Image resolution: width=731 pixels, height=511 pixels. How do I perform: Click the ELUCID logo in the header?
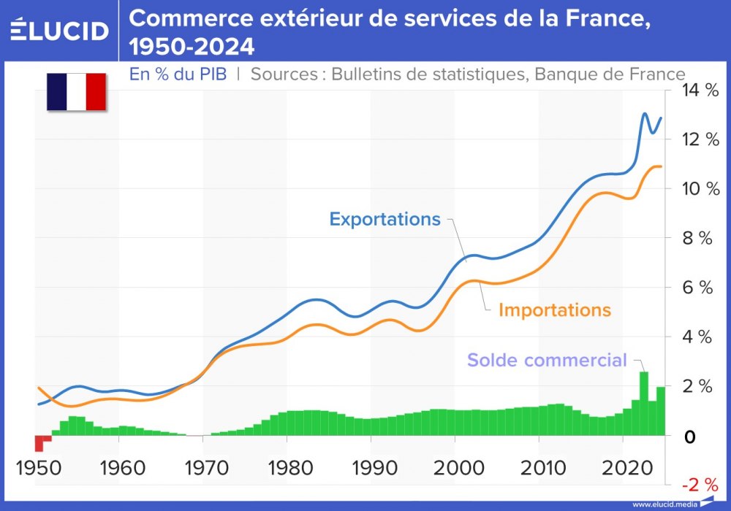tap(60, 31)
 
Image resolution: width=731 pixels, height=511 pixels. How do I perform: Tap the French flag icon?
tap(77, 92)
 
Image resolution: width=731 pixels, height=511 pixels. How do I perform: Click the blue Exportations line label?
tap(385, 219)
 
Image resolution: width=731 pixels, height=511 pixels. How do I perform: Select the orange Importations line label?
tap(554, 310)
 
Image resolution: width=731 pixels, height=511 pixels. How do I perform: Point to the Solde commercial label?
tap(547, 360)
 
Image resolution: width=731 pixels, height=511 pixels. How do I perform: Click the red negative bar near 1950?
tap(39, 443)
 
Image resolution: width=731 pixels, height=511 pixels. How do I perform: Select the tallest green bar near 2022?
tap(644, 403)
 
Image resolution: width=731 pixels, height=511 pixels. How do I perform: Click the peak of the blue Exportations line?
tap(645, 114)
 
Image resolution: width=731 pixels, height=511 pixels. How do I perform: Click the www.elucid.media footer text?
tap(664, 504)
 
